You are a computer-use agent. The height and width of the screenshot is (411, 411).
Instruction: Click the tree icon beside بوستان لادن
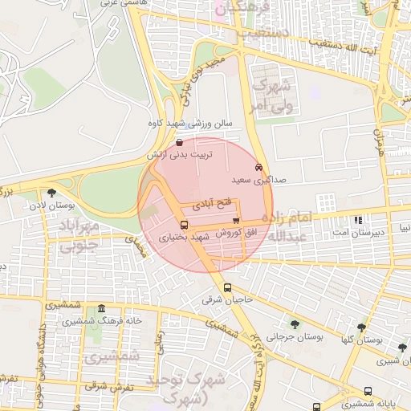point(52,193)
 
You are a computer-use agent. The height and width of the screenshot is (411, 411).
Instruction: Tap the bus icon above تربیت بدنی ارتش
point(177,142)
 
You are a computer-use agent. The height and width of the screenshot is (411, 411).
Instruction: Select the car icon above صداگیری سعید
point(257,168)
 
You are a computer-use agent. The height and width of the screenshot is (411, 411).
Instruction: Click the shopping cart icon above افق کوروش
point(235,220)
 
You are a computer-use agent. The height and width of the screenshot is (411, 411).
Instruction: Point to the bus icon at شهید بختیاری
point(184,226)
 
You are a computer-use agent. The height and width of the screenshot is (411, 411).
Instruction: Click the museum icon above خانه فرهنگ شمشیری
point(100,309)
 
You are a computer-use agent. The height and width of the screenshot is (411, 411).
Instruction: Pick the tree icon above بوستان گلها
point(361,328)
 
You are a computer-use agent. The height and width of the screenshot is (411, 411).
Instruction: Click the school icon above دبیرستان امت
point(358,219)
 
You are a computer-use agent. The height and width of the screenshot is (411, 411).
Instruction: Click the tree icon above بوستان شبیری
point(402,348)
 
